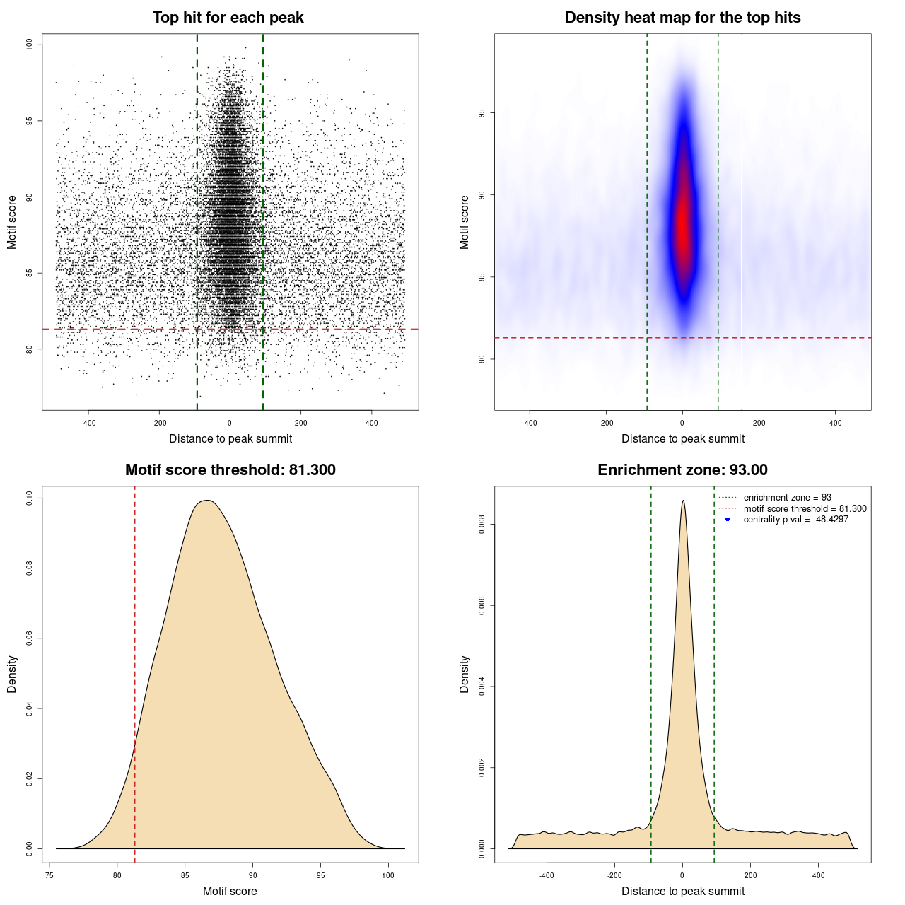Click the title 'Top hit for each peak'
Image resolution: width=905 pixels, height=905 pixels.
coord(228,18)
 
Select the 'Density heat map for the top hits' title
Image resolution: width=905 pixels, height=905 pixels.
coord(682,18)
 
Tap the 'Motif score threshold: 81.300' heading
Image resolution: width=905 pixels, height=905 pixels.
coord(230,470)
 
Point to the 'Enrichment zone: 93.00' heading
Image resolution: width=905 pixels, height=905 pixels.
coord(682,470)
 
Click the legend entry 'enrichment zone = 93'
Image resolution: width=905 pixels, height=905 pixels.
coord(787,498)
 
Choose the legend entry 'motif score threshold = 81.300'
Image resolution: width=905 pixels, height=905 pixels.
coord(805,509)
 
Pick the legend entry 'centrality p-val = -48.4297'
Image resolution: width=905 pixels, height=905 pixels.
coord(795,520)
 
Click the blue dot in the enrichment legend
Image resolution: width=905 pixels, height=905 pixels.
coord(728,520)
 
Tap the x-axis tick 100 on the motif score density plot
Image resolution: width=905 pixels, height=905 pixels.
coord(388,875)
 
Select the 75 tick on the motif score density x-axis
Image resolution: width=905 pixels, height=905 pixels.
coord(49,875)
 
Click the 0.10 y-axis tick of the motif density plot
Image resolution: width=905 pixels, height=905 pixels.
coord(29,498)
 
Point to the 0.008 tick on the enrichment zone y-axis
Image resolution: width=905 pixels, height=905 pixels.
coord(481,525)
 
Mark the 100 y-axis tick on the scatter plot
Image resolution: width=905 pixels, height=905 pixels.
coord(29,45)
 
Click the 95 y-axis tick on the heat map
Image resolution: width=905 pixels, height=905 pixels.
coord(481,113)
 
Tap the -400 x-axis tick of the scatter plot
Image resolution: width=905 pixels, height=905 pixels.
coord(88,423)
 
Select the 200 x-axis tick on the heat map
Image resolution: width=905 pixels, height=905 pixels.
coord(759,423)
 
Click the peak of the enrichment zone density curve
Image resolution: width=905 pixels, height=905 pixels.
coord(683,501)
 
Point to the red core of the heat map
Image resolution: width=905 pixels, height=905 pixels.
coord(682,226)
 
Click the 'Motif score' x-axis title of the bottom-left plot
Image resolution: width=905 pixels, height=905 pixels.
coord(230,891)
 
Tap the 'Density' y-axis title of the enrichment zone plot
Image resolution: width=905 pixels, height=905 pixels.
coord(465,674)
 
